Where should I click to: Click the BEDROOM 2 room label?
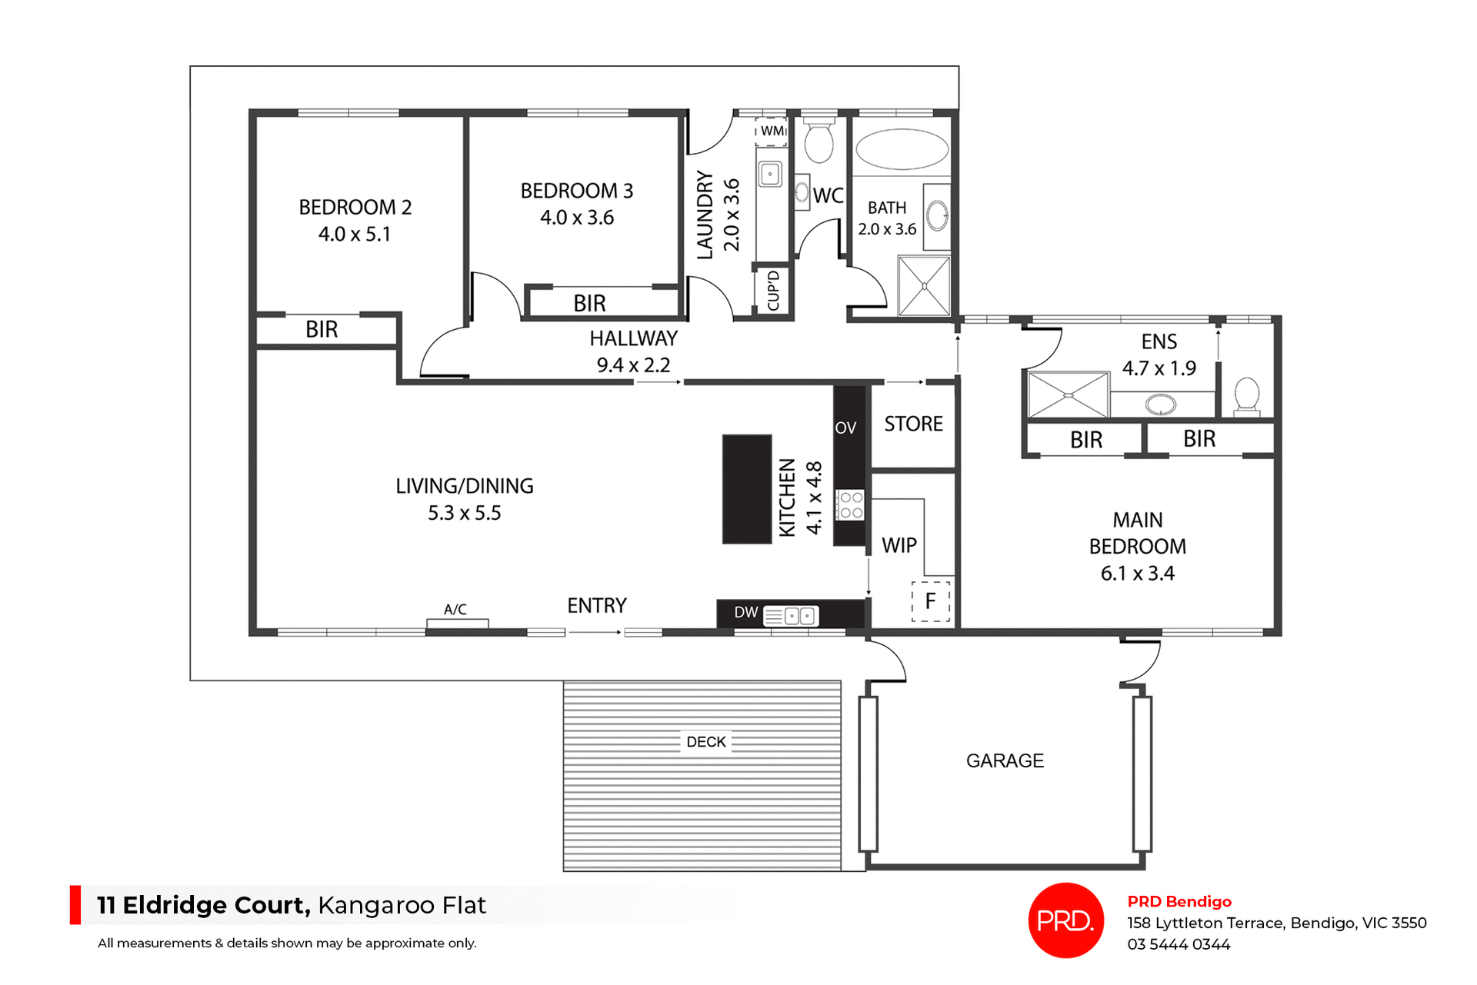tap(355, 208)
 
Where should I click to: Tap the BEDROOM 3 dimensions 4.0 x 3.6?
tap(577, 218)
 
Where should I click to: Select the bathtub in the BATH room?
tap(902, 149)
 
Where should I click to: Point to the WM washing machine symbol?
tap(772, 131)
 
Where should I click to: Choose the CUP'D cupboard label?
tap(773, 291)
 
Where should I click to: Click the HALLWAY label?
tap(633, 338)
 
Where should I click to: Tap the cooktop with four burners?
tap(851, 505)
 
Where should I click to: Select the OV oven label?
tap(845, 428)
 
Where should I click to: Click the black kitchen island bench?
tap(746, 489)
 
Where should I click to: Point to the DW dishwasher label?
tap(745, 613)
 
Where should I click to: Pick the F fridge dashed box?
tap(931, 601)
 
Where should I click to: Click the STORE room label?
tap(913, 424)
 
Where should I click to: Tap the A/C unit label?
tap(455, 610)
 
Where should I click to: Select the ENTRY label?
tap(597, 606)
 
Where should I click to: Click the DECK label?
tap(706, 742)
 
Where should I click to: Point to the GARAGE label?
tap(1005, 761)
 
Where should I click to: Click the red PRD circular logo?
tap(1065, 920)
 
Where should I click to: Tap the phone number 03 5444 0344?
tap(1179, 945)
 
